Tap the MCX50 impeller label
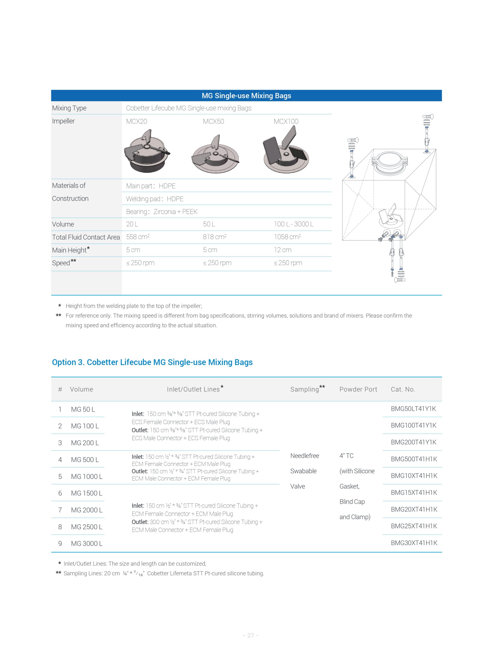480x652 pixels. (213, 121)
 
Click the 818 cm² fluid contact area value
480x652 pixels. (215, 237)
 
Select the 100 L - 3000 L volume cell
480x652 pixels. (293, 224)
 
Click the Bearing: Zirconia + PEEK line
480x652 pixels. (162, 212)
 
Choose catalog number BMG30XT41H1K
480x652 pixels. (414, 543)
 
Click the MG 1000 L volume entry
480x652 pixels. (87, 477)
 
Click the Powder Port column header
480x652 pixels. (358, 389)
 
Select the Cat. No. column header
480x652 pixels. (403, 389)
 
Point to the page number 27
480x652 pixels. (250, 635)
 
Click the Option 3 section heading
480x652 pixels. (152, 362)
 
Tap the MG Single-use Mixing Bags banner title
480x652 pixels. (246, 96)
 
